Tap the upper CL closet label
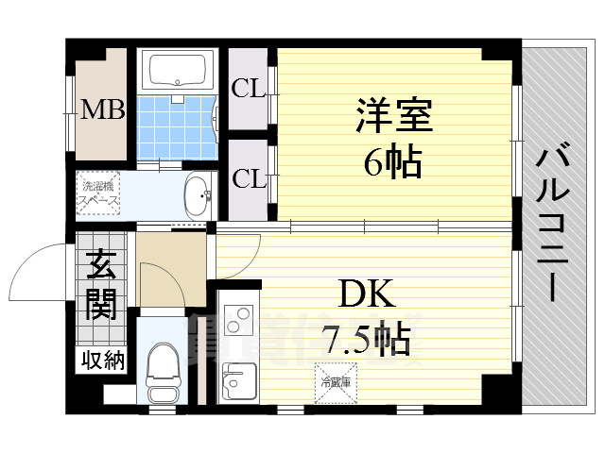tap(249, 90)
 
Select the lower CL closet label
tap(249, 176)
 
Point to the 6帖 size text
tap(393, 163)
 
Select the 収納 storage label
tap(101, 361)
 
